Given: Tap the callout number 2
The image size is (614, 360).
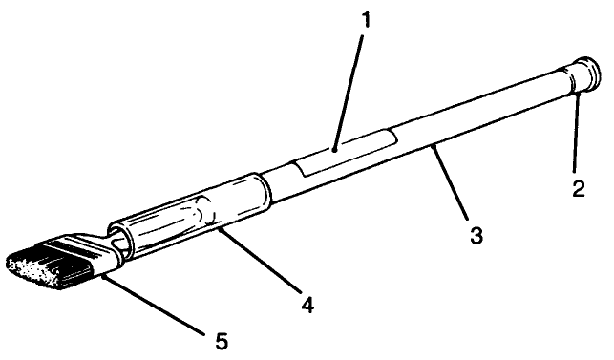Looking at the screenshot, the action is (579, 188).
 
